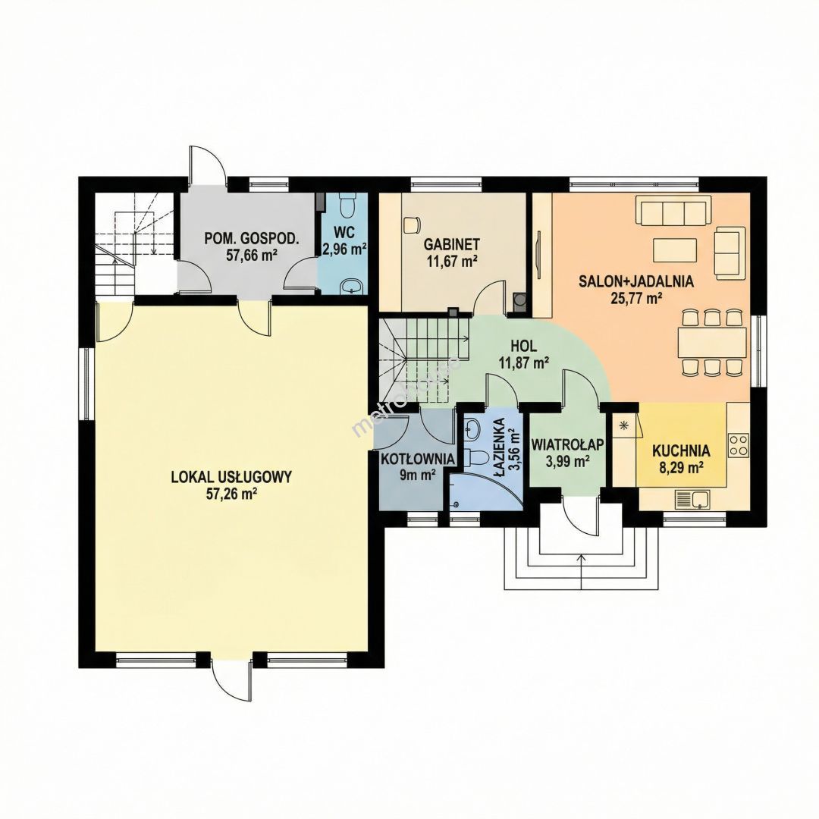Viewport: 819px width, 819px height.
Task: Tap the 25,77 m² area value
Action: tap(636, 298)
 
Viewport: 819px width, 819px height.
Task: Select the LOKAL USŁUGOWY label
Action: tap(231, 477)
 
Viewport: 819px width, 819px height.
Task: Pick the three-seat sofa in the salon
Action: tap(673, 211)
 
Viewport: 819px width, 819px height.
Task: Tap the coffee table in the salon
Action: tap(674, 251)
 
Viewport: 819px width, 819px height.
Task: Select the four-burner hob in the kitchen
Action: tap(739, 446)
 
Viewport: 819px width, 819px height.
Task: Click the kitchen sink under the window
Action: tap(692, 499)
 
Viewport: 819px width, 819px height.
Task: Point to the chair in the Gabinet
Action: tap(412, 224)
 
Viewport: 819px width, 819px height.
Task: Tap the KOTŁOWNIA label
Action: tap(417, 459)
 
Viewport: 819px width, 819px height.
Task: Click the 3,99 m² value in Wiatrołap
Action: tap(568, 461)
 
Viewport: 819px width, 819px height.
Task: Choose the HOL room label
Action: tap(525, 346)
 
